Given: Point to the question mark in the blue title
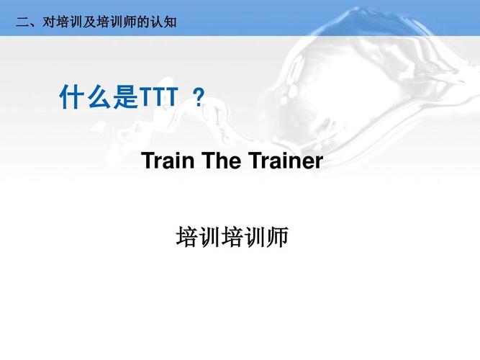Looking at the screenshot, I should pyautogui.click(x=199, y=98).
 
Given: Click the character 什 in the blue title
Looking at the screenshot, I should pyautogui.click(x=72, y=98).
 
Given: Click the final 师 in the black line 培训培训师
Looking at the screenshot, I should pyautogui.click(x=277, y=238).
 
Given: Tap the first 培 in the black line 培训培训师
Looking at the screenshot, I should pyautogui.click(x=187, y=238).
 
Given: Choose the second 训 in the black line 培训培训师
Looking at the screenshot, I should pyautogui.click(x=255, y=238).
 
